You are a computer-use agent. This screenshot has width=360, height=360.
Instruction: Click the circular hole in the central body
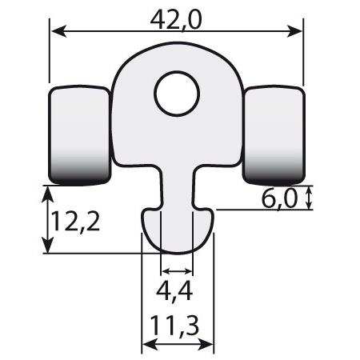pos(177,94)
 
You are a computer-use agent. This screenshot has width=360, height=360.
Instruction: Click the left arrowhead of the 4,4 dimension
pos(165,272)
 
